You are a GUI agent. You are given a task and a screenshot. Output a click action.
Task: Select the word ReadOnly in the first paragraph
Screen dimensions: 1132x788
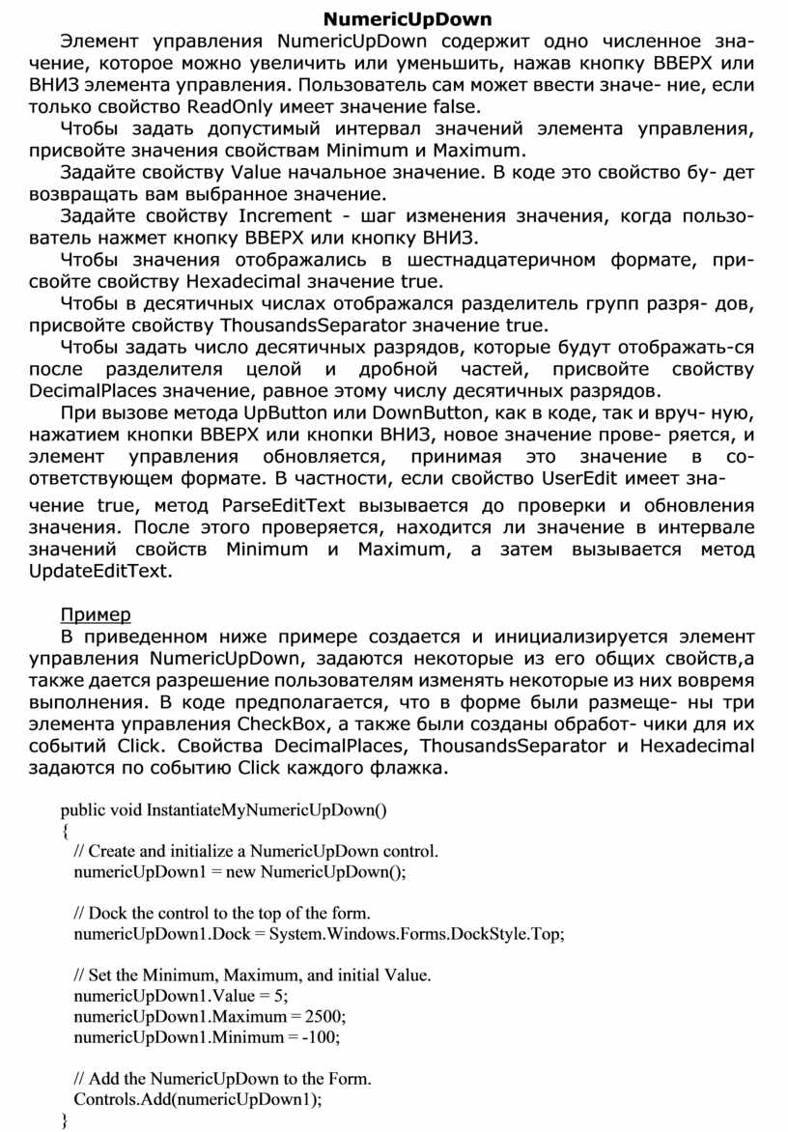click(x=228, y=105)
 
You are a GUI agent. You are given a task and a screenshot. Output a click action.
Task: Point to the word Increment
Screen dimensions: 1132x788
click(x=277, y=215)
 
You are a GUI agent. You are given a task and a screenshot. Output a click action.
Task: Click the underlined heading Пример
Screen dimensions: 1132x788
click(x=96, y=615)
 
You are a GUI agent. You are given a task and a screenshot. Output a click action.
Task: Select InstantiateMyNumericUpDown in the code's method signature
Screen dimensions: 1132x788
click(x=266, y=809)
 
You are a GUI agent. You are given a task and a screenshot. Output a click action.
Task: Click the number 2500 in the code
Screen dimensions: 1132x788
click(x=324, y=1016)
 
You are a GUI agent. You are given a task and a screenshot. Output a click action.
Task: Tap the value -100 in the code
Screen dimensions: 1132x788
click(x=321, y=1037)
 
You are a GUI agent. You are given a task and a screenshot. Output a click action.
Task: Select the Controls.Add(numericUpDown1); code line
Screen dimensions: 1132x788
click(x=198, y=1099)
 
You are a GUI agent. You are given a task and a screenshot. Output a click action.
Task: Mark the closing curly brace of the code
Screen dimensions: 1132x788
click(x=65, y=1120)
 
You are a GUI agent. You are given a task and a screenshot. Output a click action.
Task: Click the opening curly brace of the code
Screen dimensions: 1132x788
click(x=65, y=831)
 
